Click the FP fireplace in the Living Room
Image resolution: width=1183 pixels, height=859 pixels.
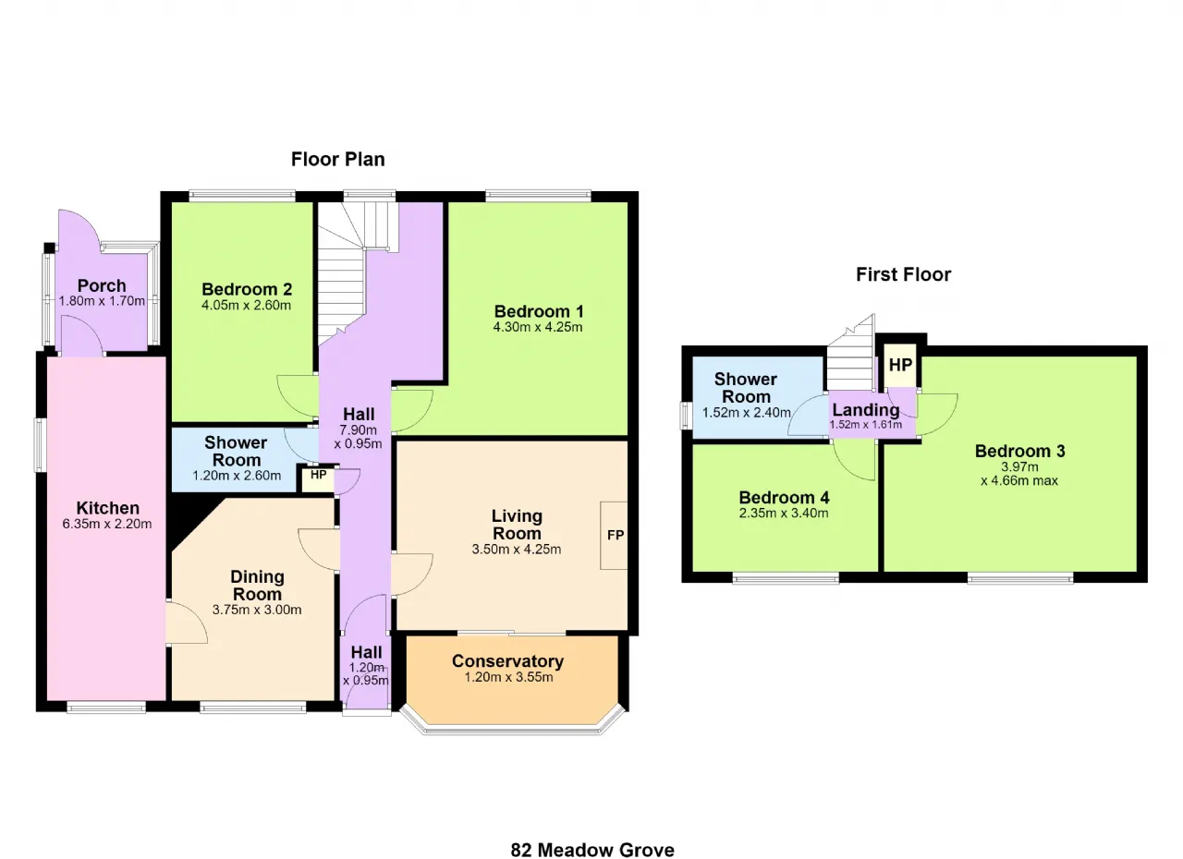pyautogui.click(x=614, y=535)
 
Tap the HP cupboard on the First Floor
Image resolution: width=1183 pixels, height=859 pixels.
pyautogui.click(x=900, y=365)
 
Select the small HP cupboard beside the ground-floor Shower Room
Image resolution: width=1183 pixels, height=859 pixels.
pyautogui.click(x=318, y=478)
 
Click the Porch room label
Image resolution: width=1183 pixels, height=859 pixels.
pyautogui.click(x=102, y=286)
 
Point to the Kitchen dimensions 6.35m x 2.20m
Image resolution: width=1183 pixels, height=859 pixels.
pyautogui.click(x=107, y=524)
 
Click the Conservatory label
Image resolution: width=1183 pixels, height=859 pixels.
pyautogui.click(x=508, y=661)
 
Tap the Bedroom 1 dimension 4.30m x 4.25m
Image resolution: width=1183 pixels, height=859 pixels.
pyautogui.click(x=538, y=327)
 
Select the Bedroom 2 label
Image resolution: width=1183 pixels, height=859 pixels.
pyautogui.click(x=247, y=289)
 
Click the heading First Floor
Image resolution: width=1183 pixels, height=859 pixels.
pyautogui.click(x=903, y=274)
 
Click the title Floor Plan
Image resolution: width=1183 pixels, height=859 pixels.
pyautogui.click(x=338, y=160)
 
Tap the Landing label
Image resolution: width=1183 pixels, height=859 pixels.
pyautogui.click(x=866, y=410)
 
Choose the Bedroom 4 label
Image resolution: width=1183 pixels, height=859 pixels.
pyautogui.click(x=784, y=498)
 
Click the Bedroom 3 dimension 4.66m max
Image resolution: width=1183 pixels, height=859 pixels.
pyautogui.click(x=1019, y=480)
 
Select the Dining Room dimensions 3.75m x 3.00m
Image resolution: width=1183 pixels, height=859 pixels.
pyautogui.click(x=257, y=610)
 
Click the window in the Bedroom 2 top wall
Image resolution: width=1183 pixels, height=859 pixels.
pyautogui.click(x=242, y=195)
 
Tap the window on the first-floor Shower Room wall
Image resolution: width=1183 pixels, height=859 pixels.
pyautogui.click(x=686, y=415)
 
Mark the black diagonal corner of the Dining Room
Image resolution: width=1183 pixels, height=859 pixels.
pyautogui.click(x=194, y=523)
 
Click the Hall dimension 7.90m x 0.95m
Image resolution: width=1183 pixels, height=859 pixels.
pyautogui.click(x=358, y=438)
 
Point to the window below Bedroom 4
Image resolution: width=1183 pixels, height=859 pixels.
pyautogui.click(x=786, y=578)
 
